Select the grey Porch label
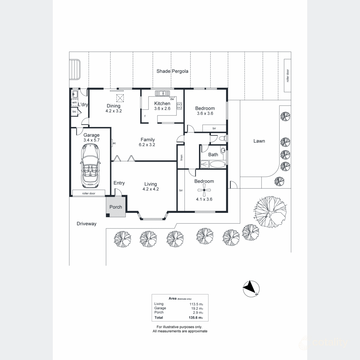115,207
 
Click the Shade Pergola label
172,71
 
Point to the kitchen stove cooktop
179,106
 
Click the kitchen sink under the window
162,93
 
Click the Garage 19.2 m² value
197,308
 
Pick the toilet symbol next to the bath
221,139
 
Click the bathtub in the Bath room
217,164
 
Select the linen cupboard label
181,157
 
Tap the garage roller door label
89,193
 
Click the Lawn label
259,141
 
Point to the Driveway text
86,224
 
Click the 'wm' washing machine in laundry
74,103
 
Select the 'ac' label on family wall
114,143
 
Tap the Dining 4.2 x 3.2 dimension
113,111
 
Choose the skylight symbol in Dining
120,98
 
